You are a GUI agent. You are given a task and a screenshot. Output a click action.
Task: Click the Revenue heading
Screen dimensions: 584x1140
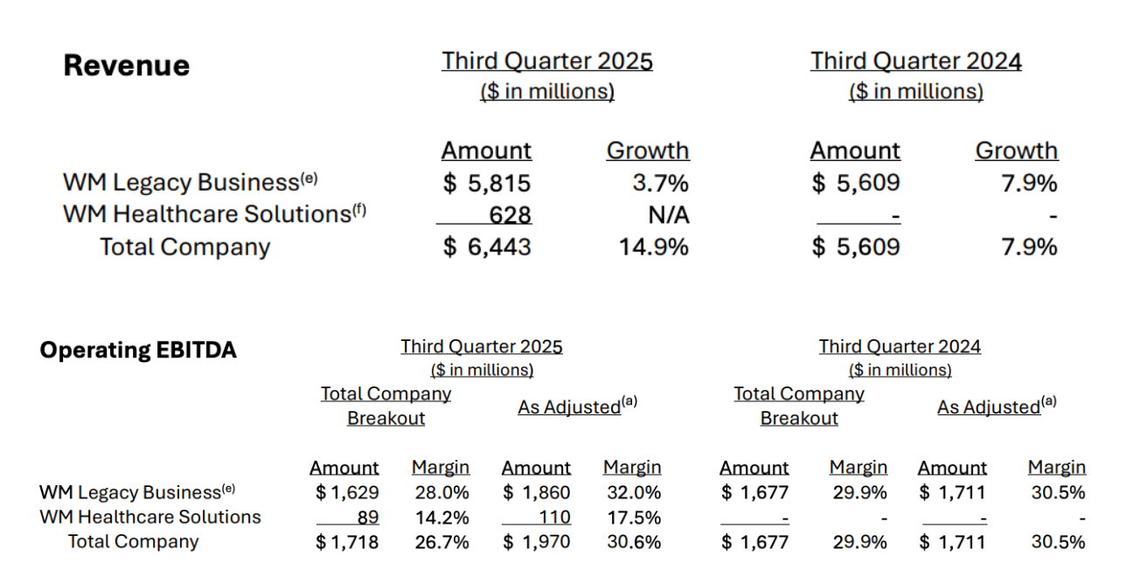point(127,66)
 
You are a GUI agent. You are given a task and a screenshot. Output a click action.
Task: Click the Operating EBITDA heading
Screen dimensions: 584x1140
point(138,351)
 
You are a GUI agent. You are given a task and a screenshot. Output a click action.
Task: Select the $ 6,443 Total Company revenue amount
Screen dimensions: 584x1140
point(487,247)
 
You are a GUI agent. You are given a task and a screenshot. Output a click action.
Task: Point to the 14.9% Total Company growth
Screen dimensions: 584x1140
point(654,247)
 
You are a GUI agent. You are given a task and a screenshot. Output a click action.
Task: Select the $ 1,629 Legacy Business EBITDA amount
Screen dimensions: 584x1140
point(347,493)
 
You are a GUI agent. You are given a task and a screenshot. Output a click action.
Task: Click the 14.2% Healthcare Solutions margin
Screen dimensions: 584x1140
point(441,518)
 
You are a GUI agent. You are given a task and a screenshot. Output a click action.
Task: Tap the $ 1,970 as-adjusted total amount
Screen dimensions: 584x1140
point(537,542)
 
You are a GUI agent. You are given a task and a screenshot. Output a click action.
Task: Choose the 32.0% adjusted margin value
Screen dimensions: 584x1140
point(633,493)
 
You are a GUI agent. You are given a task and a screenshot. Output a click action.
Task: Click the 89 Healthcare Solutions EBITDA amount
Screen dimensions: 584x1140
point(368,518)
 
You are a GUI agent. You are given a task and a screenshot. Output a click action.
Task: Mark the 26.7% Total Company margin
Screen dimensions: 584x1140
point(441,542)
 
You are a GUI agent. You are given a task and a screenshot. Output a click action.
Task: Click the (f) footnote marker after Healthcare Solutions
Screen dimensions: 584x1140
point(358,209)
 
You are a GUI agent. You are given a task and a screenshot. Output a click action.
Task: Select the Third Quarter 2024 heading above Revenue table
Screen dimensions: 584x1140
point(915,61)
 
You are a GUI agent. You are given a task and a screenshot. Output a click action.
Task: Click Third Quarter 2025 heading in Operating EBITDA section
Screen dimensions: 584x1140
point(482,346)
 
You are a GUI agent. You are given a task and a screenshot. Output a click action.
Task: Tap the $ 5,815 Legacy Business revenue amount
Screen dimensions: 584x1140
point(487,184)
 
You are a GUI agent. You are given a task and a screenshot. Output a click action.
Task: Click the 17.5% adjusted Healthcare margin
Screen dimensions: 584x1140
point(633,518)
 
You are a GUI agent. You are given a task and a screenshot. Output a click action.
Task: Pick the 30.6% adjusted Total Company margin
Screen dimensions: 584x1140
point(633,542)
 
